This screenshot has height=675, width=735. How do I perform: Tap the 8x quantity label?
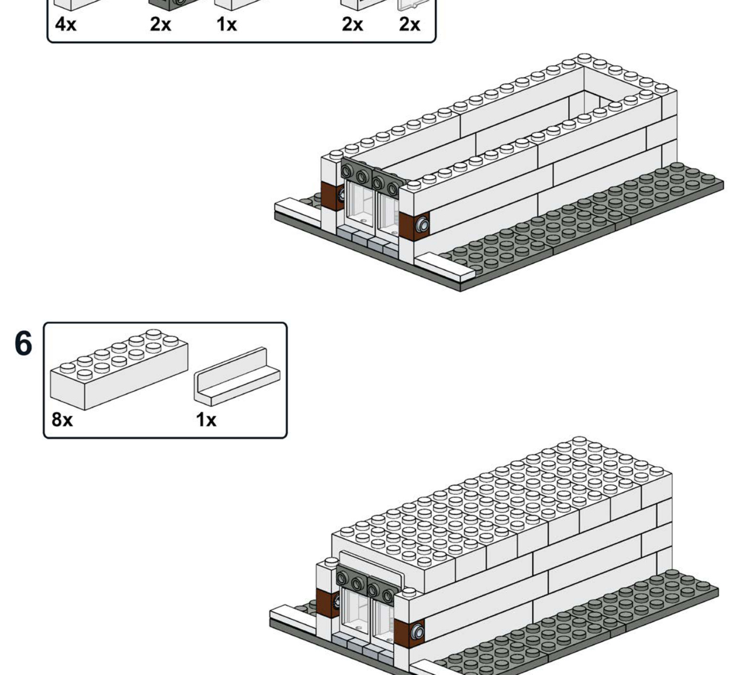tap(62, 419)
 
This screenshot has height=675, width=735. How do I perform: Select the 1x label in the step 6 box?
tap(206, 420)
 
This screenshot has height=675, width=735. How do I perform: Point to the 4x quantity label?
tap(66, 25)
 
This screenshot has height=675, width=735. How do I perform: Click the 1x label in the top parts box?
tap(227, 25)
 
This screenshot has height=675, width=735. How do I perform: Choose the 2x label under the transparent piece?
tap(410, 25)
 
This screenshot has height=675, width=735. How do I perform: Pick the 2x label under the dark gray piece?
tap(160, 25)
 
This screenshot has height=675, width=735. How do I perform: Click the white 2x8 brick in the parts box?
tap(119, 370)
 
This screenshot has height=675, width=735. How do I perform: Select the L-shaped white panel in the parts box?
tap(237, 376)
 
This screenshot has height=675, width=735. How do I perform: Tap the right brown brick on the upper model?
tap(414, 226)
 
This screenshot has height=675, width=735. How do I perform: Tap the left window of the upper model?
tap(359, 204)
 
